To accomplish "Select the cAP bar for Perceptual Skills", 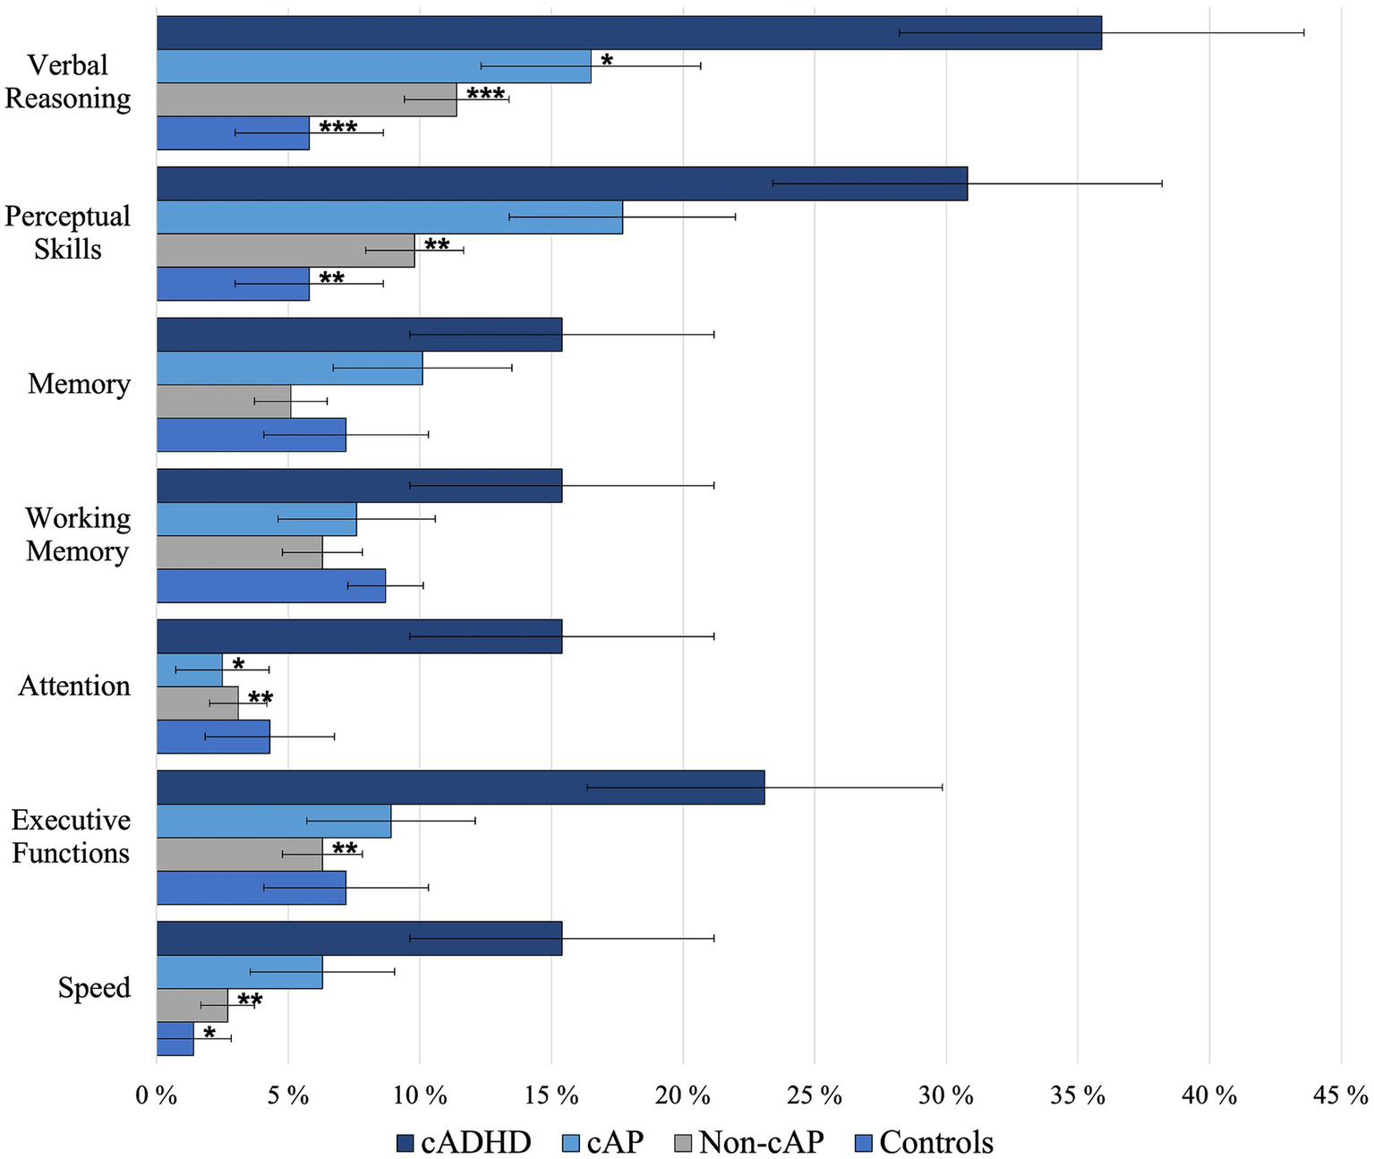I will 389,217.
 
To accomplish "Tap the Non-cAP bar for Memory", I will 224,402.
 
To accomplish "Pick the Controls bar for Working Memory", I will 270,586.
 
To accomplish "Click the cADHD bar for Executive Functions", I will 460,788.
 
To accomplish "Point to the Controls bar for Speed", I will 175,1039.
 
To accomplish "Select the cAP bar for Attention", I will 190,670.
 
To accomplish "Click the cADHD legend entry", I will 464,1143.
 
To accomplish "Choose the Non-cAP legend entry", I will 749,1143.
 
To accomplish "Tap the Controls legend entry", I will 926,1143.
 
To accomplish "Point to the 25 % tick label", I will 815,1095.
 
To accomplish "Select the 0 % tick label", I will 157,1095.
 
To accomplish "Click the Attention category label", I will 74,686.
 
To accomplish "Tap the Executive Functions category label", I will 71,837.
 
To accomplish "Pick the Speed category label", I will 94,988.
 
